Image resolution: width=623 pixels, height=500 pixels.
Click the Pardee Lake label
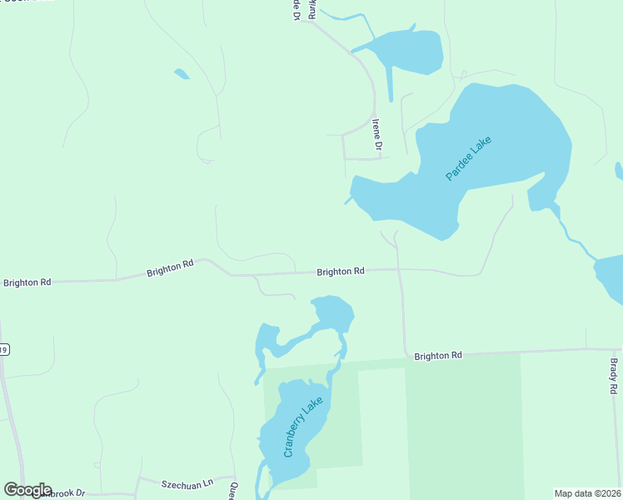(x=469, y=158)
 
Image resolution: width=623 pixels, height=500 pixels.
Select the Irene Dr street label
(x=376, y=135)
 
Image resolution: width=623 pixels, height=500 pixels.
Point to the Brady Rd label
(x=613, y=377)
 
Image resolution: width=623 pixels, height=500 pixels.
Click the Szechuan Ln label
(x=187, y=482)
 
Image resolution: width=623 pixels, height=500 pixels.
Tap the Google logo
(x=27, y=490)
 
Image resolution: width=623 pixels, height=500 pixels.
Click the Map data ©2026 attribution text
(x=588, y=492)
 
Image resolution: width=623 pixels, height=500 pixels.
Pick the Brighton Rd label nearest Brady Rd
(x=437, y=356)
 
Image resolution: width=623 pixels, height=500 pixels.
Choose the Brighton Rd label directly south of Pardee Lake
(x=340, y=272)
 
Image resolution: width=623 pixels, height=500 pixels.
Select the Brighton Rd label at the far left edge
(x=27, y=282)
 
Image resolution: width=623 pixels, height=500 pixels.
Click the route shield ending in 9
(x=4, y=350)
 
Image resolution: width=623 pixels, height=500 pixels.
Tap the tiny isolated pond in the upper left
(x=182, y=74)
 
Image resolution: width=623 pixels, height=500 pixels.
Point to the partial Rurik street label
(x=313, y=8)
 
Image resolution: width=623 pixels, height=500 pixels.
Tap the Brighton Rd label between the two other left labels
(x=170, y=267)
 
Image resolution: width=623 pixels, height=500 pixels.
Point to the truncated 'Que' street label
(x=234, y=491)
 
